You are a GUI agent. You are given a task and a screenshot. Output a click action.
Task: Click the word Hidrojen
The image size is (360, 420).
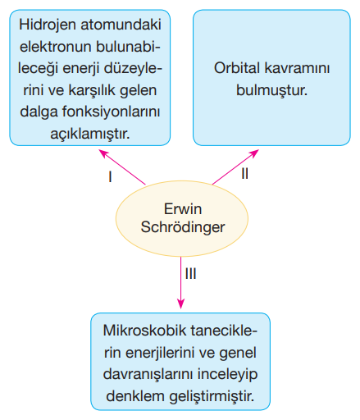coord(48,25)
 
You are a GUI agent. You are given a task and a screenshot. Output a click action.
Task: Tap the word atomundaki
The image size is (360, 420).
coord(121,25)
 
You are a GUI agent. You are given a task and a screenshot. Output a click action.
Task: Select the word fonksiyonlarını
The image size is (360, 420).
coord(111,112)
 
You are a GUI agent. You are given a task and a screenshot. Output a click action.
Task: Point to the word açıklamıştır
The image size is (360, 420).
coord(90,134)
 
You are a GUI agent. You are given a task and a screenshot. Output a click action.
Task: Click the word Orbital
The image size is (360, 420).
coord(237,68)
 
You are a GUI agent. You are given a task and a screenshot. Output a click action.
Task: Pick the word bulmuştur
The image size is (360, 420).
coord(271,90)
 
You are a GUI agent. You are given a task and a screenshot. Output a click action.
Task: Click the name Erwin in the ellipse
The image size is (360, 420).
coord(183,209)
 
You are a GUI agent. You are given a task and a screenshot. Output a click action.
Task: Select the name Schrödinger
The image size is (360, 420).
coord(183,227)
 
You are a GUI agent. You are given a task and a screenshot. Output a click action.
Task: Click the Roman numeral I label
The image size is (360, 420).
coord(110,176)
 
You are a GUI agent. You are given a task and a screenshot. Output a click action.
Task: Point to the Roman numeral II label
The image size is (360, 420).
coord(244,173)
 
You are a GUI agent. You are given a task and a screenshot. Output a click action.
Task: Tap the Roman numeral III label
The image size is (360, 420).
coord(190,274)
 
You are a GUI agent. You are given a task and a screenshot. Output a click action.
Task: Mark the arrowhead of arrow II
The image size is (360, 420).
coord(255,152)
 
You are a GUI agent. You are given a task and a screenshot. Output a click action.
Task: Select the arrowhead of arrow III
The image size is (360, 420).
coord(180,304)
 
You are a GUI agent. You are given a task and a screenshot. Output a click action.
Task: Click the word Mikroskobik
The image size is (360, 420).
coord(144,331)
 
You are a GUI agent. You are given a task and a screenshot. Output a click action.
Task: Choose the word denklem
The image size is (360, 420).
coord(135,396)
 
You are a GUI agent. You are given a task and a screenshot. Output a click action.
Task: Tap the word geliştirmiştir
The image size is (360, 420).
coord(212,397)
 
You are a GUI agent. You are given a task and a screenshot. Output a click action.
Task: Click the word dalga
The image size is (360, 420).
coord(39,112)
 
